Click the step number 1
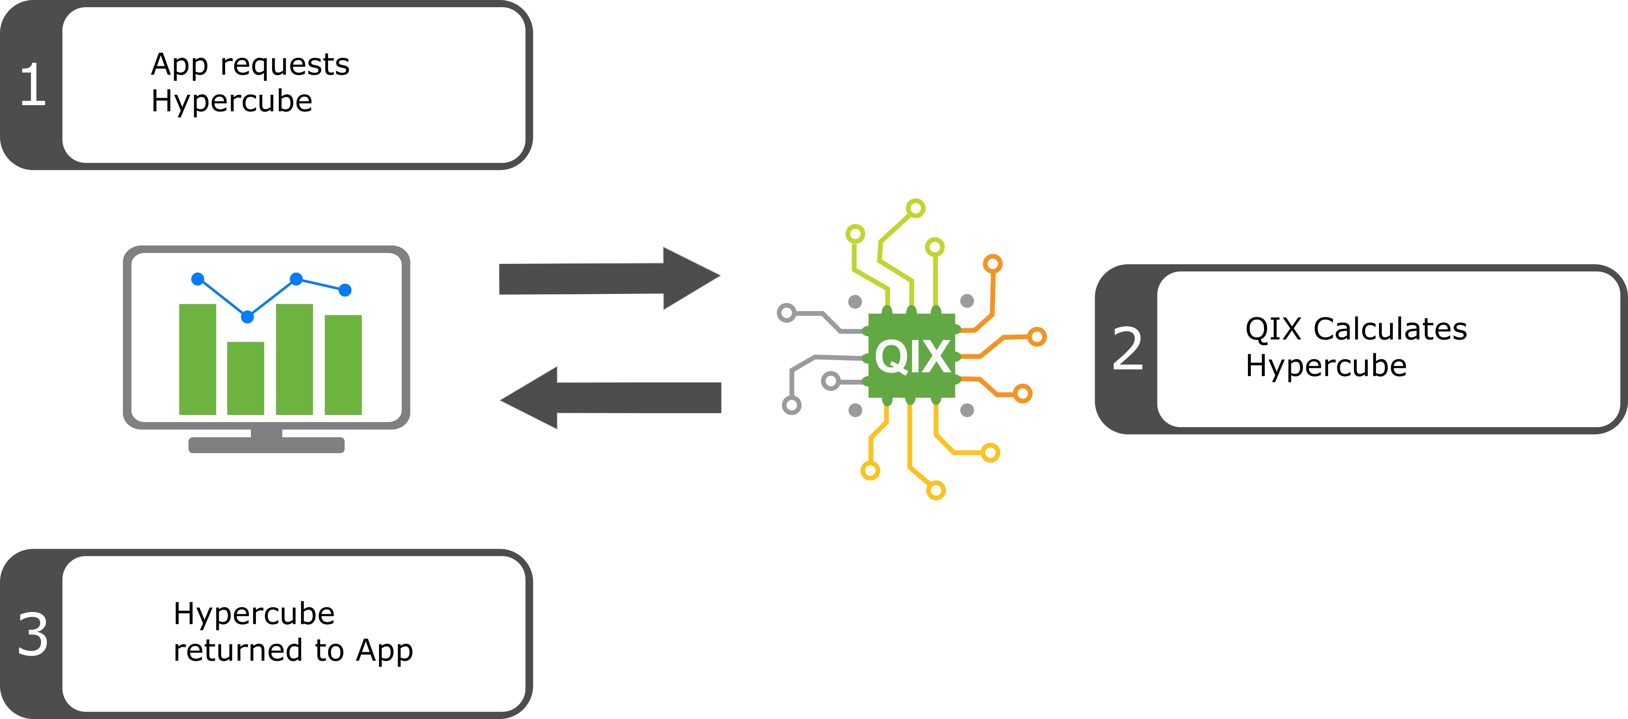click(33, 85)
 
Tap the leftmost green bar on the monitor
click(198, 360)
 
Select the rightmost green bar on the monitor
click(343, 365)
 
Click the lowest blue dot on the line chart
click(248, 317)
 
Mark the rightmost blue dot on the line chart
click(345, 290)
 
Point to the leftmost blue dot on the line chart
click(198, 279)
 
